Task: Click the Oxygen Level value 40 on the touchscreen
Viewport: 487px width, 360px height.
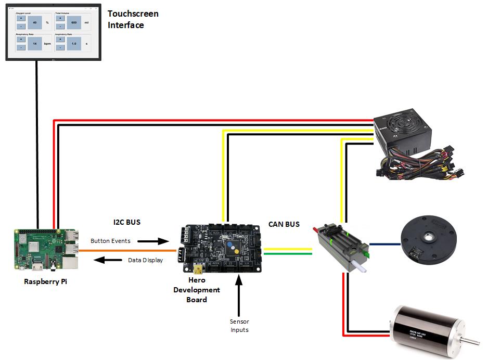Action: pyautogui.click(x=35, y=23)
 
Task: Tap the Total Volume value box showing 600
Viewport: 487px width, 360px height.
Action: pyautogui.click(x=73, y=23)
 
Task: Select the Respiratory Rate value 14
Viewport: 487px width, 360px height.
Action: pyautogui.click(x=35, y=44)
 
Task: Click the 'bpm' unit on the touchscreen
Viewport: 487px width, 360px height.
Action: pyautogui.click(x=47, y=44)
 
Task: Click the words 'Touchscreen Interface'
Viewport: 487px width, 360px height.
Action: pyautogui.click(x=133, y=19)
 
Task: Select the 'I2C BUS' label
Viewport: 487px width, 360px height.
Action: pyautogui.click(x=126, y=222)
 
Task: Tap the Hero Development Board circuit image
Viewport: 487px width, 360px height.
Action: pyautogui.click(x=221, y=249)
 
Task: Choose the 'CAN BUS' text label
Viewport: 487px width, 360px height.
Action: pyautogui.click(x=284, y=225)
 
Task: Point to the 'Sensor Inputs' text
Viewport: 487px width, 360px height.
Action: pyautogui.click(x=239, y=326)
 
